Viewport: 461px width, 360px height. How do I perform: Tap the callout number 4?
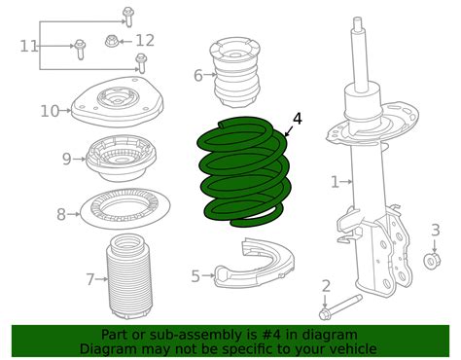297,119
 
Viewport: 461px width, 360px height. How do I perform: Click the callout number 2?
326,285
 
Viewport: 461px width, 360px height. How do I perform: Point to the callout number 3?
436,230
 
